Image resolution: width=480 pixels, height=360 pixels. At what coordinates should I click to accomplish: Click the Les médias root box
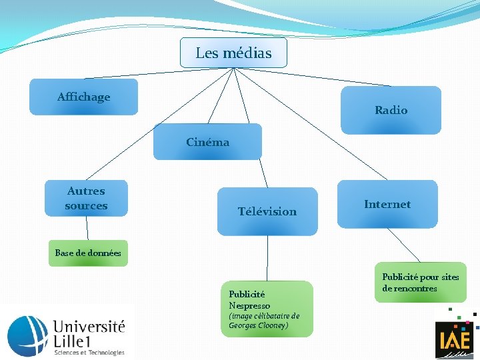point(233,53)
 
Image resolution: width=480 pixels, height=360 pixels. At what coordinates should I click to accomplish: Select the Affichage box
point(84,97)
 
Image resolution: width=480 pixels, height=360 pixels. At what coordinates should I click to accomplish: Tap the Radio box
point(391,110)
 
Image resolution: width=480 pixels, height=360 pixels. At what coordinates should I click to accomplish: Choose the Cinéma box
point(207,141)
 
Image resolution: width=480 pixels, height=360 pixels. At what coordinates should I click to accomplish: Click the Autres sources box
point(86,198)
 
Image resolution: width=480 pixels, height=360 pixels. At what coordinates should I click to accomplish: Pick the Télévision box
point(267,211)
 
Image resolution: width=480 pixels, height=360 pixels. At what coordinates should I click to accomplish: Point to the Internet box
point(387,204)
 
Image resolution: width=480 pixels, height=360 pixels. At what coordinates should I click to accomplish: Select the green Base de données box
point(88,253)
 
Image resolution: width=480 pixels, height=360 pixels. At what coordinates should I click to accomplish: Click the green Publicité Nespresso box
point(266,309)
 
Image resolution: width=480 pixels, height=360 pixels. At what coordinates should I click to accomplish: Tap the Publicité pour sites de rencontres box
point(421,283)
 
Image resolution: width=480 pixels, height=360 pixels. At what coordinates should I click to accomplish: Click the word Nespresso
point(249,305)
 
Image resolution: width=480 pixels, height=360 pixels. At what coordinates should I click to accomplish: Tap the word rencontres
point(415,289)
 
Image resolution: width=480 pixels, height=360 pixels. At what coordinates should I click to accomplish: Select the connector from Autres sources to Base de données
point(87,228)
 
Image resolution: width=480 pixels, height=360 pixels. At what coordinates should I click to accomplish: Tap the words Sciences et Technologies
point(89,352)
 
